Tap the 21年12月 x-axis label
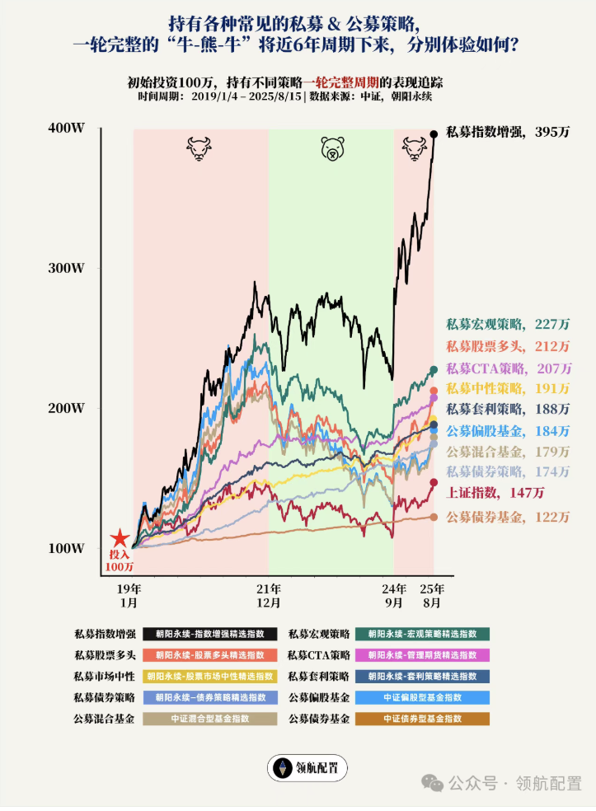point(268,596)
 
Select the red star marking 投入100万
point(120,539)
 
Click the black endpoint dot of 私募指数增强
point(434,134)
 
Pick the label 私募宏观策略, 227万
point(508,324)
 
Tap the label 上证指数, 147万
point(495,493)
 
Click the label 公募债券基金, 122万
point(508,517)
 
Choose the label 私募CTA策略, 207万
point(508,368)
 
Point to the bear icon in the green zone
point(331,149)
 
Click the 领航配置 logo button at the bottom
point(307,768)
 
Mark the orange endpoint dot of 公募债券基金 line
point(434,517)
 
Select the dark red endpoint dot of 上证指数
point(434,483)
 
